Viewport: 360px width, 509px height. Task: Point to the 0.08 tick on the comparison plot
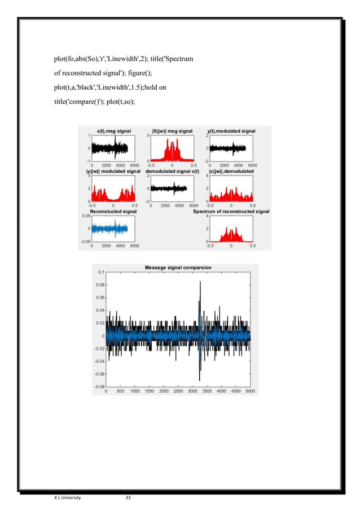[x=100, y=285]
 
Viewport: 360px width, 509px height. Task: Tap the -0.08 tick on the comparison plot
[x=99, y=387]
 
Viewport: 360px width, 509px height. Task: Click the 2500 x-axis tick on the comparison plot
[x=178, y=391]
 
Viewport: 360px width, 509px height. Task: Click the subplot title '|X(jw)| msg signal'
[x=172, y=131]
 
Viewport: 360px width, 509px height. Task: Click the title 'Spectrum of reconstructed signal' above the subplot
[x=231, y=212]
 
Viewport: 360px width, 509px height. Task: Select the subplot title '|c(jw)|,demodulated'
[x=231, y=171]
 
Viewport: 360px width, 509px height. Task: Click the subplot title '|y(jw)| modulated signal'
[x=113, y=171]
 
